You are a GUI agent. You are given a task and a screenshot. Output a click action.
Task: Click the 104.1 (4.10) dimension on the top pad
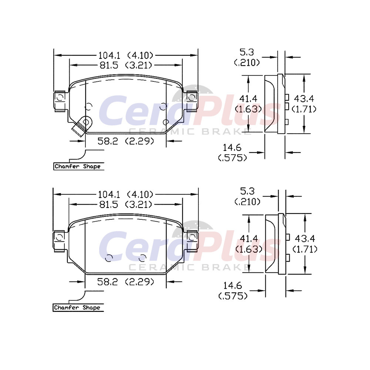(125, 55)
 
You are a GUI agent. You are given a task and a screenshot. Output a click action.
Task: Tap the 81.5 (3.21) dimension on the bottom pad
(125, 204)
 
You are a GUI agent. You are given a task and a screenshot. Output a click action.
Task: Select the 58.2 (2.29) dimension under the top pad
(125, 141)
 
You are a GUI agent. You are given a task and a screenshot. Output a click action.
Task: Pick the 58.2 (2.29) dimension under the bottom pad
(125, 282)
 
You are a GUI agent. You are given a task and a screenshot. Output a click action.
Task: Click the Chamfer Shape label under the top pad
(78, 166)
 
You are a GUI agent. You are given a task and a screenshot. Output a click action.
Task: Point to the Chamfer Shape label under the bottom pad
(77, 308)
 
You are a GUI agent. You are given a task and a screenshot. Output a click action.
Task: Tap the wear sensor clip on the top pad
(82, 126)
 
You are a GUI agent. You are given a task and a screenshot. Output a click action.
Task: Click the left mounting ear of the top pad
(60, 101)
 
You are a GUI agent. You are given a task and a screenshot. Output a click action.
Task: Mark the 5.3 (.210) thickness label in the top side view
(247, 57)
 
